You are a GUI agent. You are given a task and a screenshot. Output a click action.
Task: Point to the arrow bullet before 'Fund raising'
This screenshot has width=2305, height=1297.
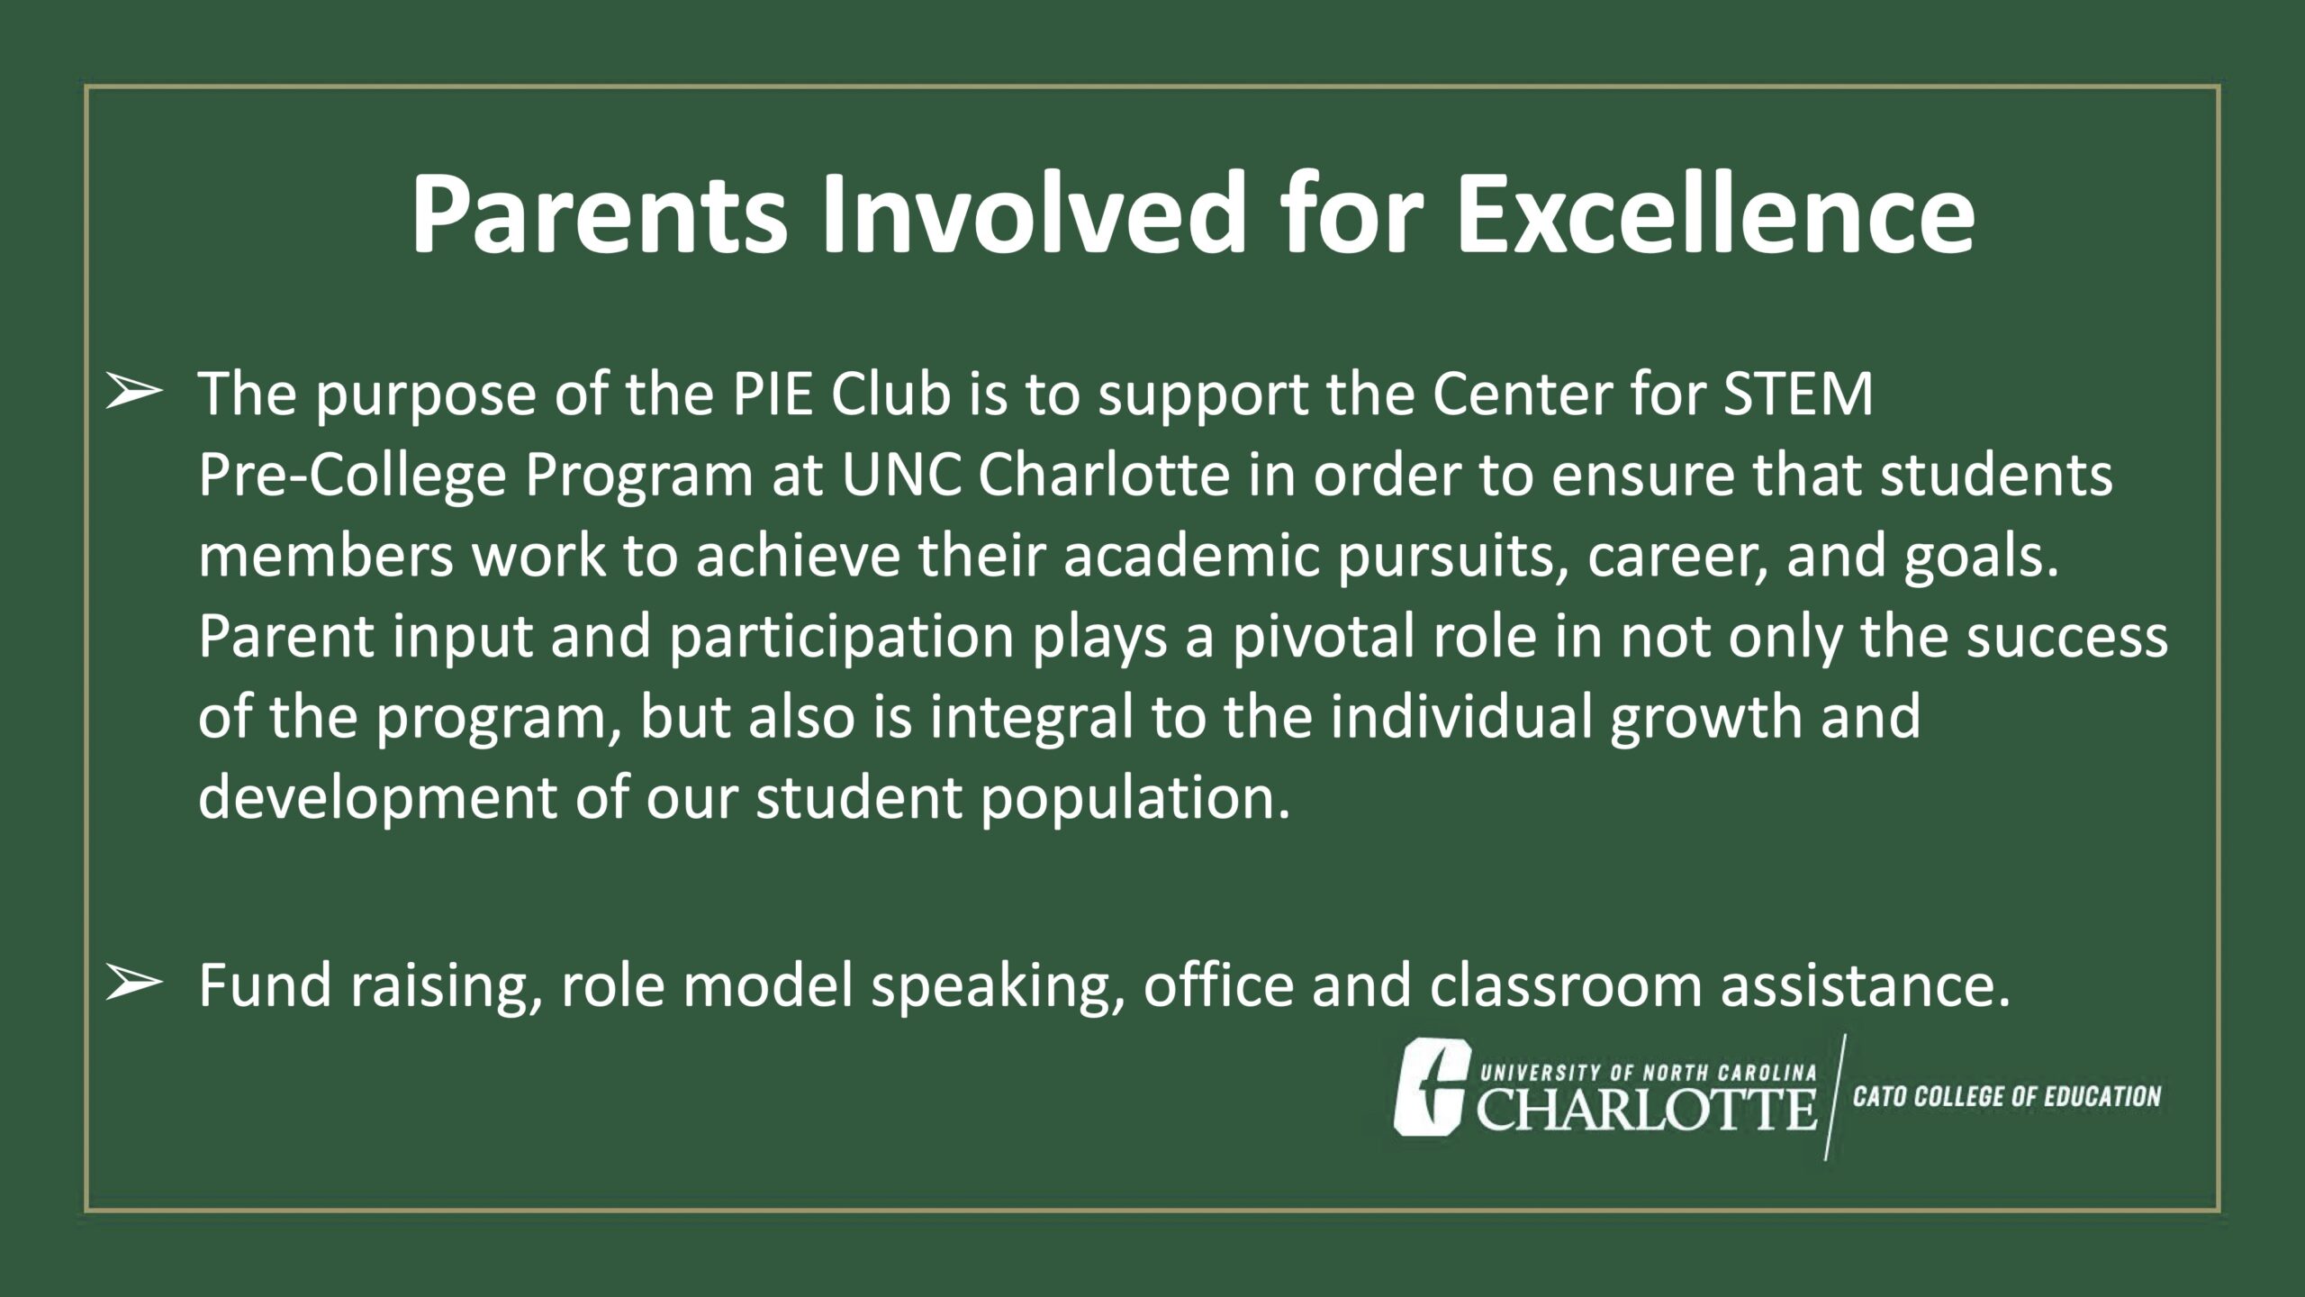click(x=134, y=984)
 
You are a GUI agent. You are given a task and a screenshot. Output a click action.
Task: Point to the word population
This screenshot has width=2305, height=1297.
click(x=1135, y=798)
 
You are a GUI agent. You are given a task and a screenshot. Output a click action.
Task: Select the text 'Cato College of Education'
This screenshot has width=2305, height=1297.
click(x=2007, y=1097)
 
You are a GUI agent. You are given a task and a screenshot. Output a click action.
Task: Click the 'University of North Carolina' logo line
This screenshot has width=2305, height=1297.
click(x=1649, y=1073)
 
